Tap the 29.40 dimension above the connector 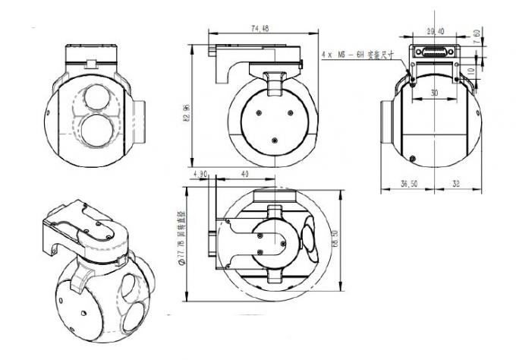point(436,32)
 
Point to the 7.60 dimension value point(476,37)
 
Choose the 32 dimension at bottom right point(455,183)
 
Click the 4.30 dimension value point(201,174)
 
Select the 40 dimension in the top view point(244,174)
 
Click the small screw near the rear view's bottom point(411,158)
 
